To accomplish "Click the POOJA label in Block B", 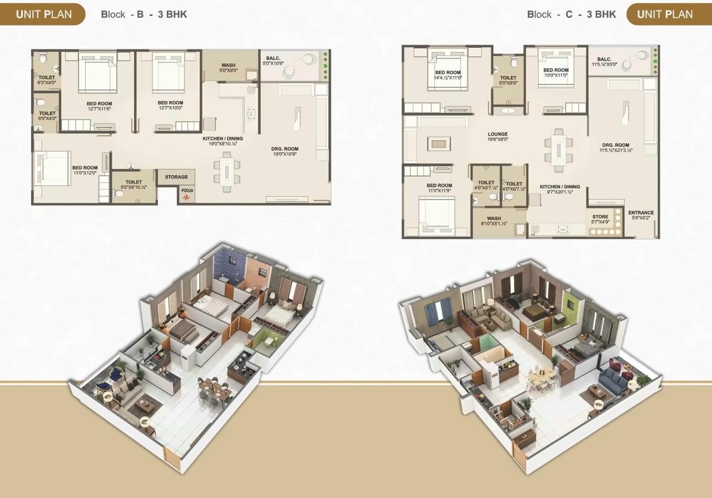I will (186, 189).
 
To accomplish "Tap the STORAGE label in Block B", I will (176, 177).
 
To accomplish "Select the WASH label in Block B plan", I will (228, 65).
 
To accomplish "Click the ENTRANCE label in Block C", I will (641, 213).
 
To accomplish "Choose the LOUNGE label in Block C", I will (497, 134).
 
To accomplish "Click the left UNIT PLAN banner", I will (43, 14).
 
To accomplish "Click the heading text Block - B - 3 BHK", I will (144, 14).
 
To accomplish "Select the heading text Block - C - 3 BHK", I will (571, 14).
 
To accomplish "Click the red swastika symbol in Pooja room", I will (186, 197).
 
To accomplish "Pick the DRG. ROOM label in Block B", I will (285, 149).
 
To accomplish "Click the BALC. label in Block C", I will (604, 59).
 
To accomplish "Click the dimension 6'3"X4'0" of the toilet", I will (47, 82).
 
